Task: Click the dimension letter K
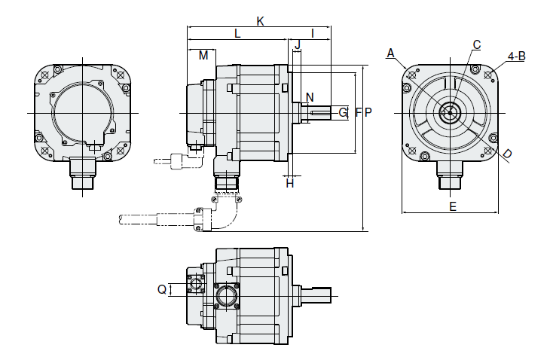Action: coord(260,21)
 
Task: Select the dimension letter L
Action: coord(237,34)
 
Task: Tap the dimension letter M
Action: coord(203,56)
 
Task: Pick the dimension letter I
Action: coord(312,34)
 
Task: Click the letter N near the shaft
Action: coord(310,97)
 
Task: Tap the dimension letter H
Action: coord(290,183)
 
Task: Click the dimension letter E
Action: coord(452,206)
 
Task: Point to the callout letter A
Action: coord(390,52)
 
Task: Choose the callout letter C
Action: coord(476,44)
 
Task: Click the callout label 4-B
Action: coord(517,56)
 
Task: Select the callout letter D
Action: coord(507,154)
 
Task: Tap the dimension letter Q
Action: coord(161,289)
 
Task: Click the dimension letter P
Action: coord(368,112)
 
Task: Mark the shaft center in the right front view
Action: coord(451,112)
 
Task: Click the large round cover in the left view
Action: coord(84,112)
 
